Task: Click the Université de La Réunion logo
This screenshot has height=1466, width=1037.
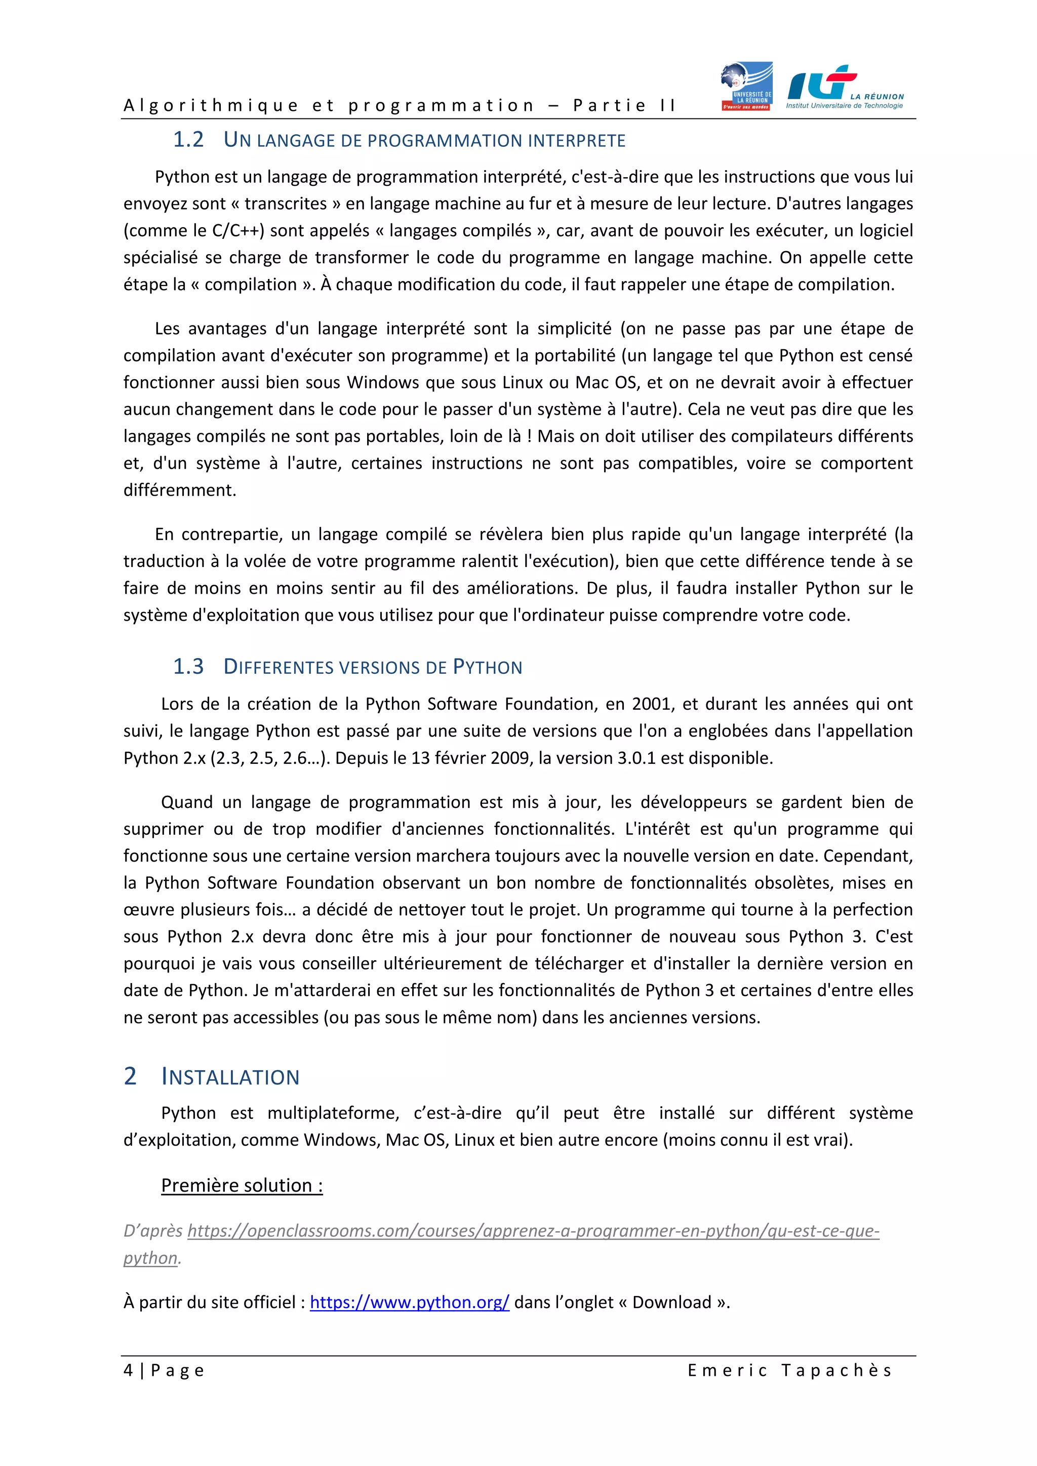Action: pos(746,86)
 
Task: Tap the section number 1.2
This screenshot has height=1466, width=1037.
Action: pos(188,139)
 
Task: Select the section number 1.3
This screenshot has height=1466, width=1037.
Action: pos(188,667)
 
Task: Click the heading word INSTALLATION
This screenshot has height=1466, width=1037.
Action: pos(230,1077)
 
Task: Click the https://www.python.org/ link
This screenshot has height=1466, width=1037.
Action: pos(409,1302)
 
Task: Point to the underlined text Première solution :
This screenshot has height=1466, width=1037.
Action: pos(242,1186)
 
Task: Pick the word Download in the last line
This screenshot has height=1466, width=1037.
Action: pos(672,1302)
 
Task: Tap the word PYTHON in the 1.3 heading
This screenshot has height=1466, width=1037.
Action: pos(487,667)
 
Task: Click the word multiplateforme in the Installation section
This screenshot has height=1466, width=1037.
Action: pos(333,1113)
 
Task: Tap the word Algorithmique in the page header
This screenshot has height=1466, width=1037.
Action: pos(211,105)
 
